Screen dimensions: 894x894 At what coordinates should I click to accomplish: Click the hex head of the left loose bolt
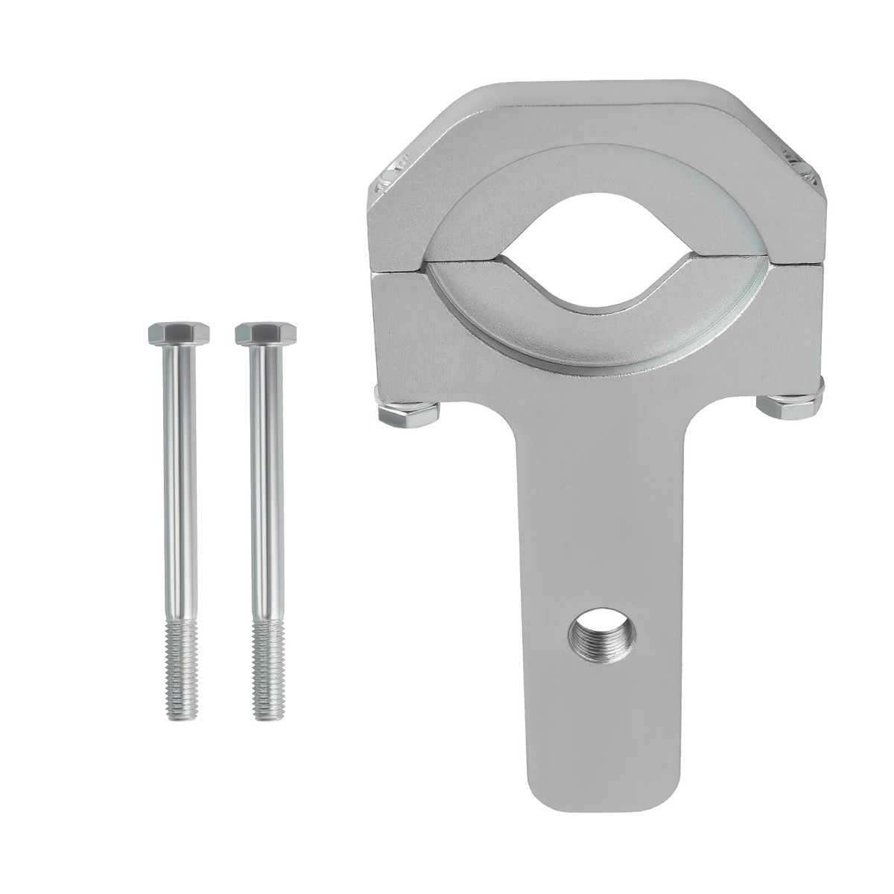tap(179, 333)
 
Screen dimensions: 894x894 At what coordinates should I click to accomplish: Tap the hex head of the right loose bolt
tap(266, 333)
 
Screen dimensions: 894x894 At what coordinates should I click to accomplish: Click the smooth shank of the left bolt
tap(179, 484)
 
